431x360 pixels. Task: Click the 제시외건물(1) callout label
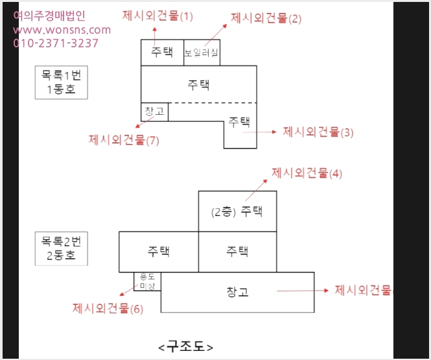[157, 16]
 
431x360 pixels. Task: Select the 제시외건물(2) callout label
[266, 18]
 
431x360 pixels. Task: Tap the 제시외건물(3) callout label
[318, 132]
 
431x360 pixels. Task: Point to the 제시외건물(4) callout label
[307, 173]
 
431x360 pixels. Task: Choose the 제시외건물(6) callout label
[108, 309]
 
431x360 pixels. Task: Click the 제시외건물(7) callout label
[124, 140]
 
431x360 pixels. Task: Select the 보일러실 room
[202, 53]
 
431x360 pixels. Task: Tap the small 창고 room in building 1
[154, 112]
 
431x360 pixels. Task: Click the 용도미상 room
[147, 282]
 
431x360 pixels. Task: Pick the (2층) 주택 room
[237, 211]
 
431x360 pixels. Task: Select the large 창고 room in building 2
[237, 292]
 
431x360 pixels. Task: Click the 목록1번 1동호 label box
[62, 82]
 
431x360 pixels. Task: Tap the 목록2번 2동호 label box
[62, 248]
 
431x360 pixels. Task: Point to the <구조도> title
[186, 346]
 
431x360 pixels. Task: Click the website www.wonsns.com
[62, 30]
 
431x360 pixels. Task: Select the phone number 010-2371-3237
[56, 43]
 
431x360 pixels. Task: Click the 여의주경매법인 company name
[49, 16]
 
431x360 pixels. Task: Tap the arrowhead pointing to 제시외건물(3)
[274, 132]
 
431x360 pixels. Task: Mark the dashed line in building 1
[213, 103]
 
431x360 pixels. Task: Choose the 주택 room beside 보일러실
[162, 53]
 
